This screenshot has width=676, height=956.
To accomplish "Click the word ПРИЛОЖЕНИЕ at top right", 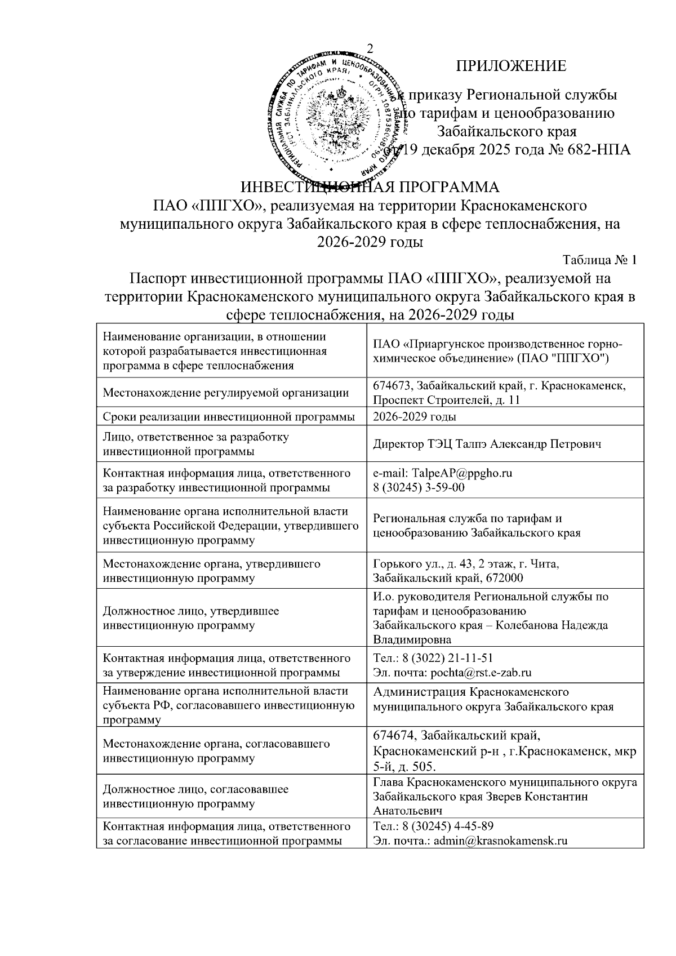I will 510,66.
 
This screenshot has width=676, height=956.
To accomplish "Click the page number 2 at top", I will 370,48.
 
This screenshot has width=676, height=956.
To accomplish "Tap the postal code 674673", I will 395,385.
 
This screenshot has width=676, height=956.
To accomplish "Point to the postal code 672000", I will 502,578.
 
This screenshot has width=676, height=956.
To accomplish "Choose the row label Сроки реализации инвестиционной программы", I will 229,417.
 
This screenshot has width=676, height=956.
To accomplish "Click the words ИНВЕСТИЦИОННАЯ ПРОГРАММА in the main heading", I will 370,187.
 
